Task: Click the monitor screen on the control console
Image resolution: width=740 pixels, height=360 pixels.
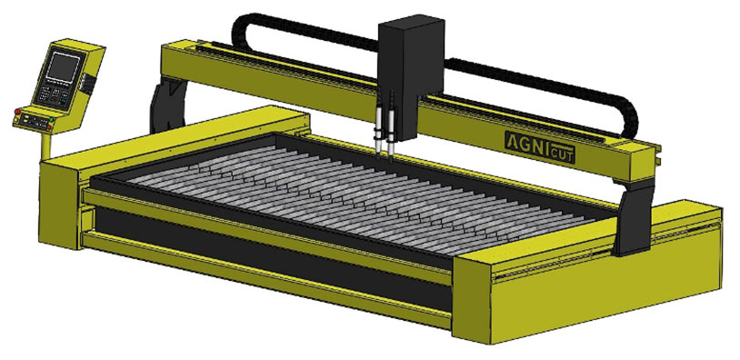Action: pyautogui.click(x=63, y=67)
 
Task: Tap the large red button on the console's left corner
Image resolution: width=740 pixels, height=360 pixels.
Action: pyautogui.click(x=18, y=112)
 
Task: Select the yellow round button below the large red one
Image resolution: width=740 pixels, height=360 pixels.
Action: pyautogui.click(x=16, y=120)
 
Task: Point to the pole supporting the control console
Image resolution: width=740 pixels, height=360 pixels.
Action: pyautogui.click(x=45, y=146)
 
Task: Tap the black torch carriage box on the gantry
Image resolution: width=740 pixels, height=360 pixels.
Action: pyautogui.click(x=411, y=75)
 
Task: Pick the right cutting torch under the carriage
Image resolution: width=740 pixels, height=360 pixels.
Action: pyautogui.click(x=390, y=128)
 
